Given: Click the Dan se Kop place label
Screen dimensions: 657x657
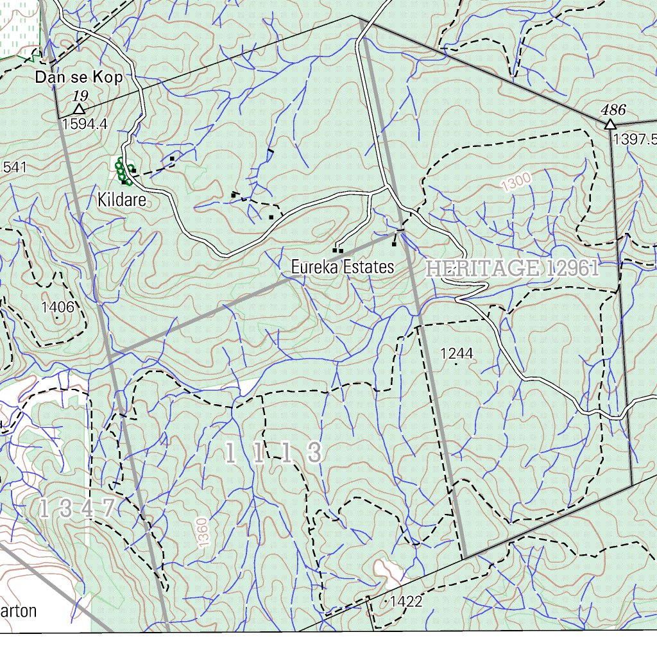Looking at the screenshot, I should pyautogui.click(x=79, y=78).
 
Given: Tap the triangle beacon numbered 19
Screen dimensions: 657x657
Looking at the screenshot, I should pyautogui.click(x=79, y=109).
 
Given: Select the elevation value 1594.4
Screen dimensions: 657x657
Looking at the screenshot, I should pyautogui.click(x=85, y=124).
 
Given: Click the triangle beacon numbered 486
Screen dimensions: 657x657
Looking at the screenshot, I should pyautogui.click(x=610, y=124).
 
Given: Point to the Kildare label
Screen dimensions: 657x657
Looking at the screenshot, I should pyautogui.click(x=122, y=200).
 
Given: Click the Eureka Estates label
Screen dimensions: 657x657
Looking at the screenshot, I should pyautogui.click(x=342, y=267).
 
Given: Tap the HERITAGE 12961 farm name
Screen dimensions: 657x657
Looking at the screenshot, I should pyautogui.click(x=512, y=269).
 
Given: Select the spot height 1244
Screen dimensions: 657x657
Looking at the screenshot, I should pyautogui.click(x=456, y=354).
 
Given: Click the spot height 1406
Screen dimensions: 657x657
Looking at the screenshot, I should pyautogui.click(x=57, y=307).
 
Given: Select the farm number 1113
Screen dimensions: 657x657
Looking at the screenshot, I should pyautogui.click(x=273, y=454).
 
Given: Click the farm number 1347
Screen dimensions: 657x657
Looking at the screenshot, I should pyautogui.click(x=77, y=509).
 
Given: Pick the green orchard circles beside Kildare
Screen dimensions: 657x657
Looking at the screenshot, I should pyautogui.click(x=123, y=172).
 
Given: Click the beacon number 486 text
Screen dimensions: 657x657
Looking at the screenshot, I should pyautogui.click(x=613, y=109).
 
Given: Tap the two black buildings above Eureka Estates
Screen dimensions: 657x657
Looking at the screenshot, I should pyautogui.click(x=337, y=250).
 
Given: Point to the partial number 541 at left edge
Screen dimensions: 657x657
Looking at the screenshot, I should pyautogui.click(x=14, y=167).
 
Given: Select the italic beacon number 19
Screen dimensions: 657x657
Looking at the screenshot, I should pyautogui.click(x=80, y=96).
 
